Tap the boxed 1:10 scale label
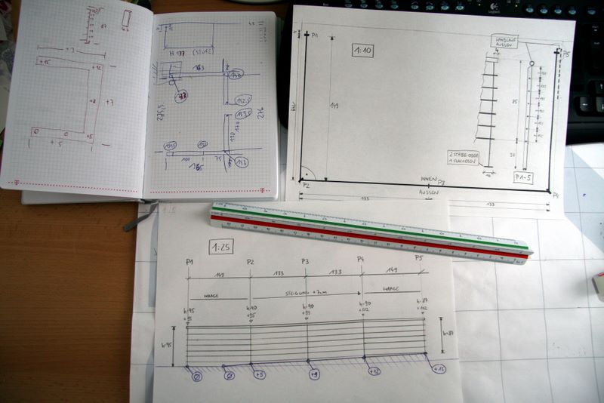tap(362, 51)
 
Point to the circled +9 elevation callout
tap(313, 374)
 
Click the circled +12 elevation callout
tap(373, 371)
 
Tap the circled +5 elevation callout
tap(259, 374)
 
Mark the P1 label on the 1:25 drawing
tap(188, 260)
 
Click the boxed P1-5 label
tap(523, 178)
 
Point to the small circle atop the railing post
tap(532, 63)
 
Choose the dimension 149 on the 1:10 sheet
tap(333, 106)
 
